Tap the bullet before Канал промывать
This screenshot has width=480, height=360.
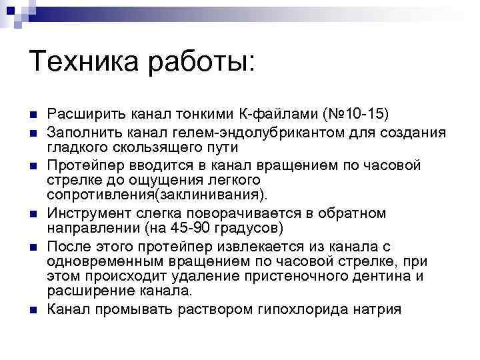click(x=34, y=309)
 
